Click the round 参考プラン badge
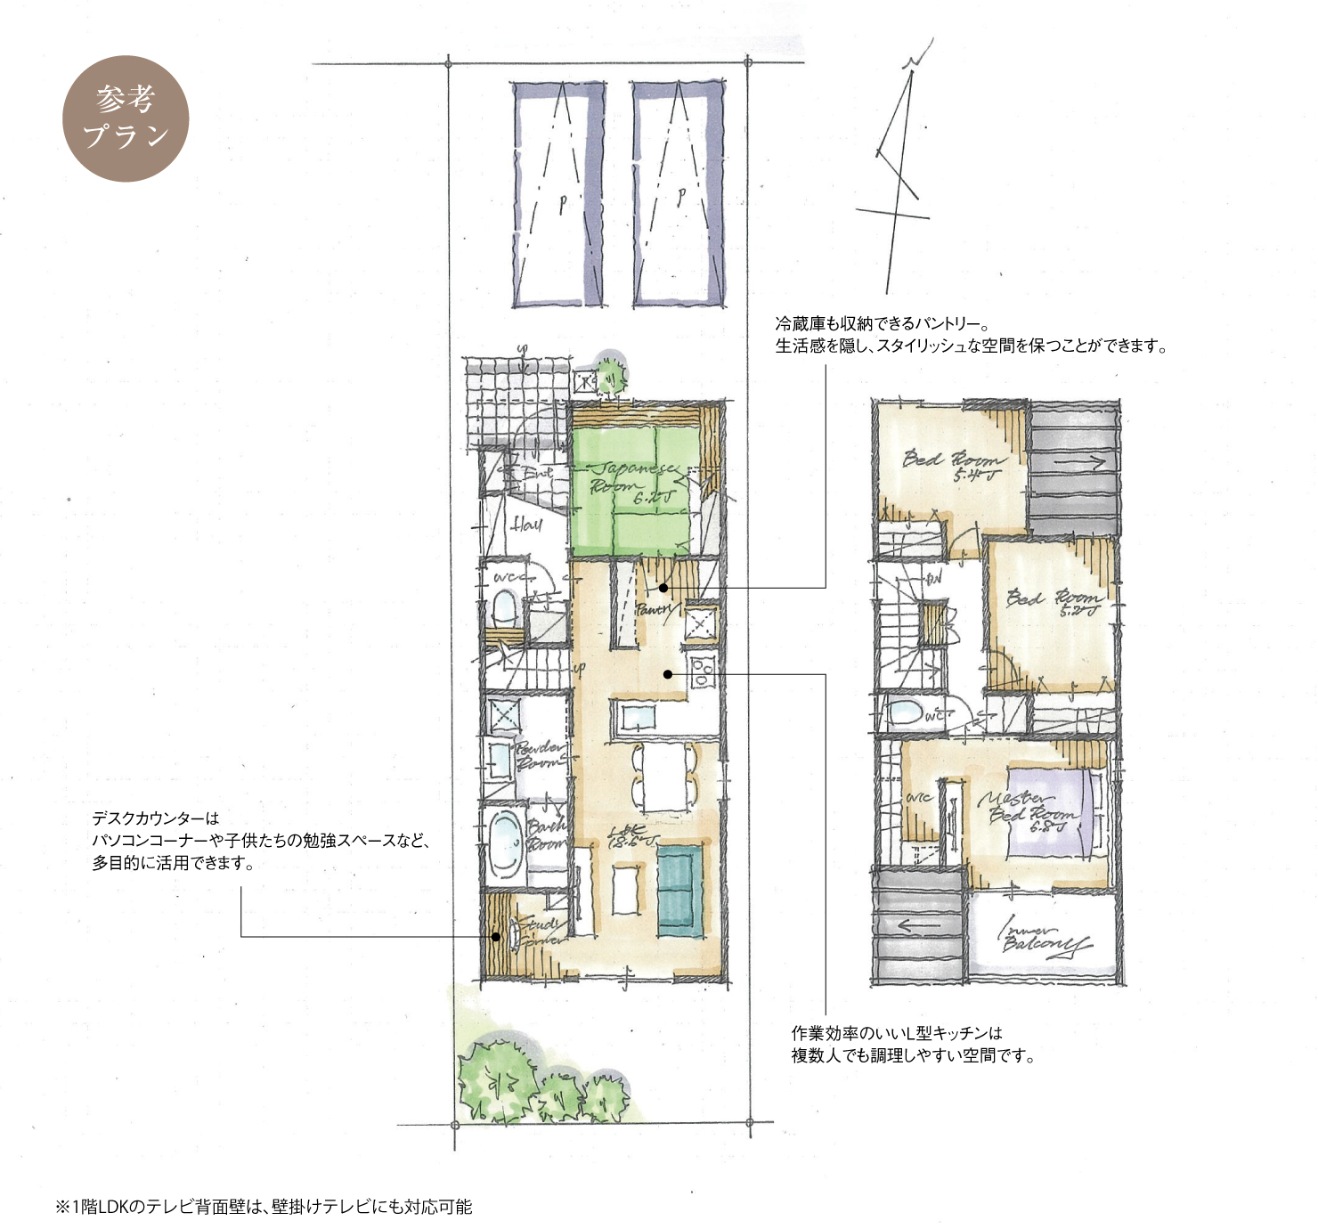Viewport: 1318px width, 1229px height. coord(126,118)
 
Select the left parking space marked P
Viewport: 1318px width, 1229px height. coord(559,194)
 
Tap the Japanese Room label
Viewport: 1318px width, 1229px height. coord(634,481)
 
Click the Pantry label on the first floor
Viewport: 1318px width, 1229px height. coord(655,611)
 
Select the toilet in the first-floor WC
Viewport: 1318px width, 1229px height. coord(504,609)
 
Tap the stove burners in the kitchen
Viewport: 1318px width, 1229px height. coord(703,671)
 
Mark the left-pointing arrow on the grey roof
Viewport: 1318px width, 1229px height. coord(917,925)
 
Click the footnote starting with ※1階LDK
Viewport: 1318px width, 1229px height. coord(264,1207)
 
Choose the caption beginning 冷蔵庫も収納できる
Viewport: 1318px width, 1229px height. coord(971,334)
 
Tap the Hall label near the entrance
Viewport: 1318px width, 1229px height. coord(526,524)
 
